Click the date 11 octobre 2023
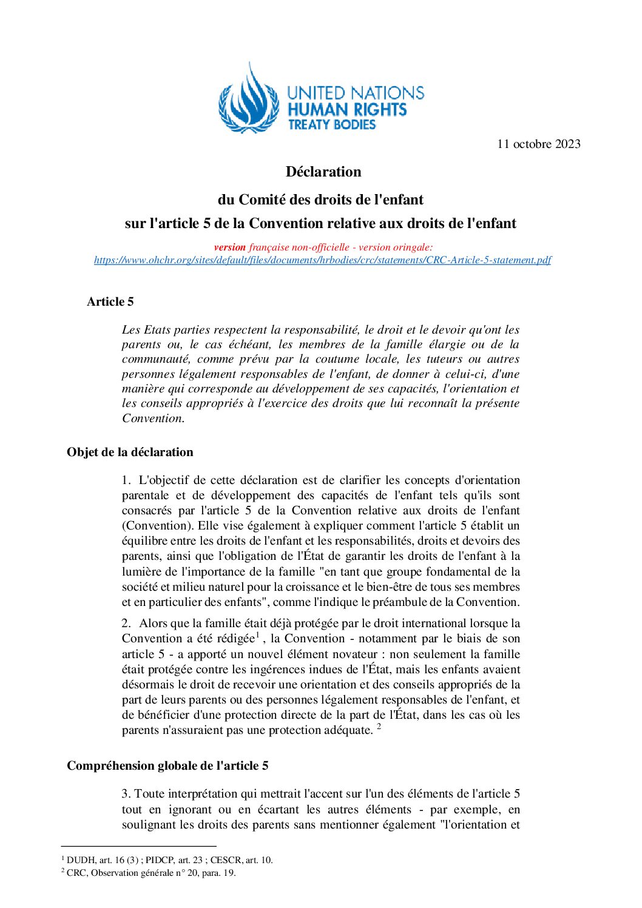(538, 144)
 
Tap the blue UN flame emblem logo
(249, 101)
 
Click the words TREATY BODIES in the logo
(332, 125)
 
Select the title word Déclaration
(323, 172)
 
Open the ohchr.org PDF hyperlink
(322, 260)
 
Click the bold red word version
(229, 247)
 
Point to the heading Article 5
(110, 301)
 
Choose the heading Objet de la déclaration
(130, 452)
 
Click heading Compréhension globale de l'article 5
(167, 765)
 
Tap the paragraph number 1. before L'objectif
(126, 480)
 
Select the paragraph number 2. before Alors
(126, 624)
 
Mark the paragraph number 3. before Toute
(126, 794)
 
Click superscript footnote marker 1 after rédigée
(258, 635)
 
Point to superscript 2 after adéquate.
(379, 727)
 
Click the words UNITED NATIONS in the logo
(355, 93)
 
